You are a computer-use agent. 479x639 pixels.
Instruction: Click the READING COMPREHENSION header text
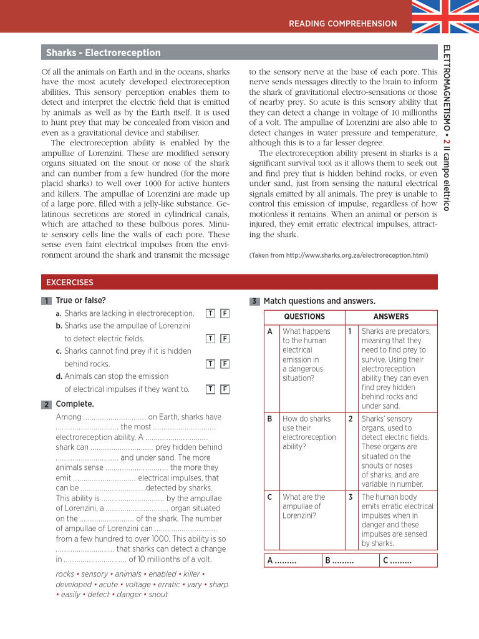(342, 24)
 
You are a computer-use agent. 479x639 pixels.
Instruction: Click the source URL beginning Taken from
(339, 255)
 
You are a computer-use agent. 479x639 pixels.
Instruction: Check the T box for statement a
(211, 313)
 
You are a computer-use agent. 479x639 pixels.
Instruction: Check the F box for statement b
(225, 338)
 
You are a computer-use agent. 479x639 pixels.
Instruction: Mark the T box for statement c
(211, 364)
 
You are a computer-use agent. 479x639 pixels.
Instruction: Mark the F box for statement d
(225, 389)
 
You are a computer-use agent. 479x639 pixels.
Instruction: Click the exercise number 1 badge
(47, 301)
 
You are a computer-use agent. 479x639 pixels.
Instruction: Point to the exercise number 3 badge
(254, 301)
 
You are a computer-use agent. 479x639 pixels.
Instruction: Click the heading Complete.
(75, 404)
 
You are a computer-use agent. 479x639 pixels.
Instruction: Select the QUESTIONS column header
(304, 316)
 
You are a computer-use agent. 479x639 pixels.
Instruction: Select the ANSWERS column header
(391, 316)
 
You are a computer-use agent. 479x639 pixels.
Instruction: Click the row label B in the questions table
(270, 419)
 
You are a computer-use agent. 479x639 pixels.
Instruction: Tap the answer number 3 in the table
(351, 497)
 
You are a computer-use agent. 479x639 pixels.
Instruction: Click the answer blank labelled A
(281, 560)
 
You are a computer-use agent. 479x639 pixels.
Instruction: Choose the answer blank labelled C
(397, 560)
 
